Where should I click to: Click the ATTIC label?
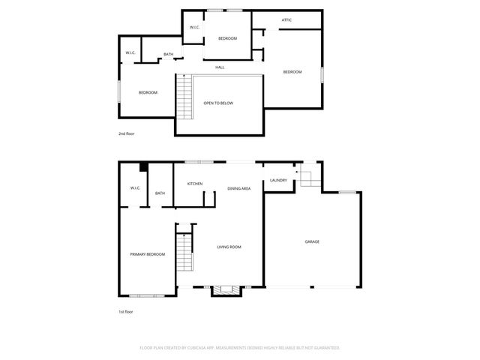pyautogui.click(x=286, y=19)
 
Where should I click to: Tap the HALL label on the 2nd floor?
pyautogui.click(x=220, y=67)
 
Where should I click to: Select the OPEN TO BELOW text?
pyautogui.click(x=218, y=103)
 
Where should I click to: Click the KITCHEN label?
pyautogui.click(x=195, y=184)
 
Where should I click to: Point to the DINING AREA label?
pyautogui.click(x=239, y=188)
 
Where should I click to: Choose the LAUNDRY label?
pyautogui.click(x=278, y=180)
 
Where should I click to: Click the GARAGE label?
pyautogui.click(x=312, y=241)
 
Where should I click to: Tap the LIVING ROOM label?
pyautogui.click(x=229, y=247)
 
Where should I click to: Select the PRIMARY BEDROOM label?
pyautogui.click(x=147, y=254)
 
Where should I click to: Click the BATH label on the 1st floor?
pyautogui.click(x=160, y=193)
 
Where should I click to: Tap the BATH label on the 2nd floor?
pyautogui.click(x=169, y=54)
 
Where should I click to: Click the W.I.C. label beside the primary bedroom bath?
pyautogui.click(x=135, y=188)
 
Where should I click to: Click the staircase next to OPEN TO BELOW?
pyautogui.click(x=184, y=96)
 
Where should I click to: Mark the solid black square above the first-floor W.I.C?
pyautogui.click(x=142, y=167)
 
